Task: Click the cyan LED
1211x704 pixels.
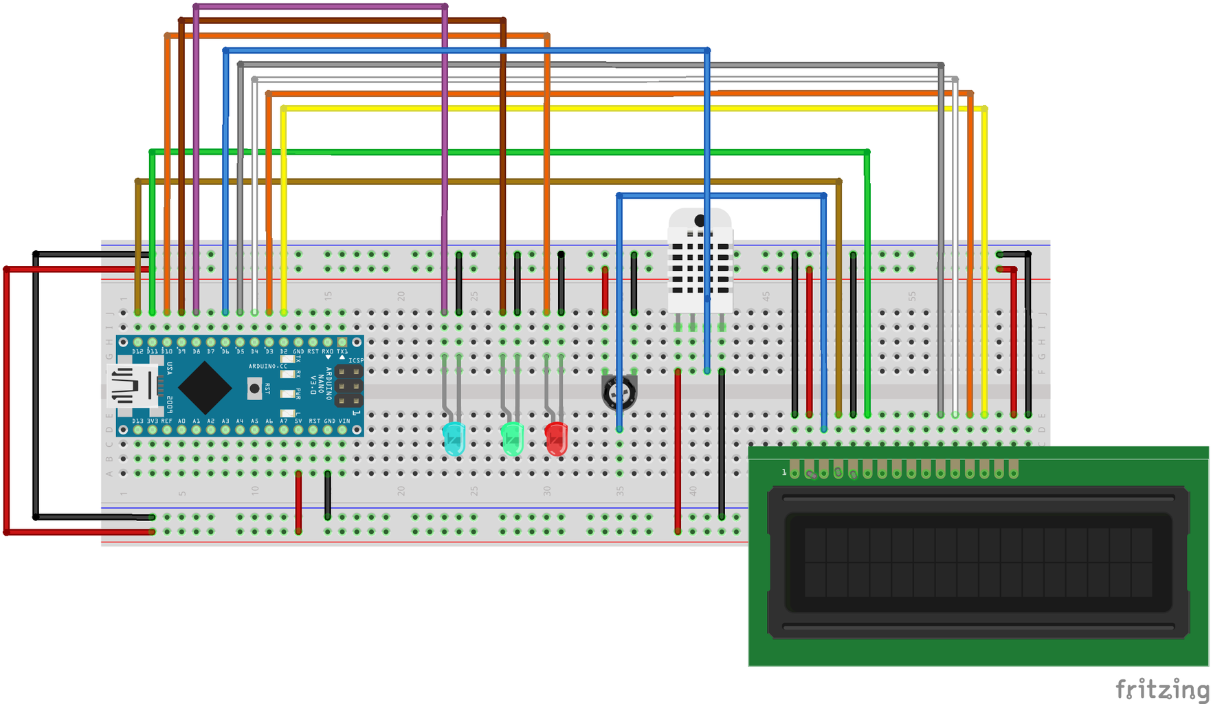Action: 454,439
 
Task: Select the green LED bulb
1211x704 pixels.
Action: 512,439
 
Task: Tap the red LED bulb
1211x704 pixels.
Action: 556,439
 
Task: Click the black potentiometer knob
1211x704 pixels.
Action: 619,393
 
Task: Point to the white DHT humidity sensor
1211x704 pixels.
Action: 700,261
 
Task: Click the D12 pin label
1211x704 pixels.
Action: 137,351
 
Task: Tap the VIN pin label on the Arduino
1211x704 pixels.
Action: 344,421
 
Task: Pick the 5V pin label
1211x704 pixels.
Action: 298,421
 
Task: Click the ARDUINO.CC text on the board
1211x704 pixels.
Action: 268,366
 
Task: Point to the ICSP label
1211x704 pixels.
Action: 355,360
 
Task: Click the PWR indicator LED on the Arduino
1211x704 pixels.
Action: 287,393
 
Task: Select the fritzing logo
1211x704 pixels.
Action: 1162,688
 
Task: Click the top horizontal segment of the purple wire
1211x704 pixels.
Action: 320,7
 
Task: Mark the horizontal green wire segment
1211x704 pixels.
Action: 509,152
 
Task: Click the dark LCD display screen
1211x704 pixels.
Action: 978,562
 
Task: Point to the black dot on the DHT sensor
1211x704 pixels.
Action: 700,221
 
